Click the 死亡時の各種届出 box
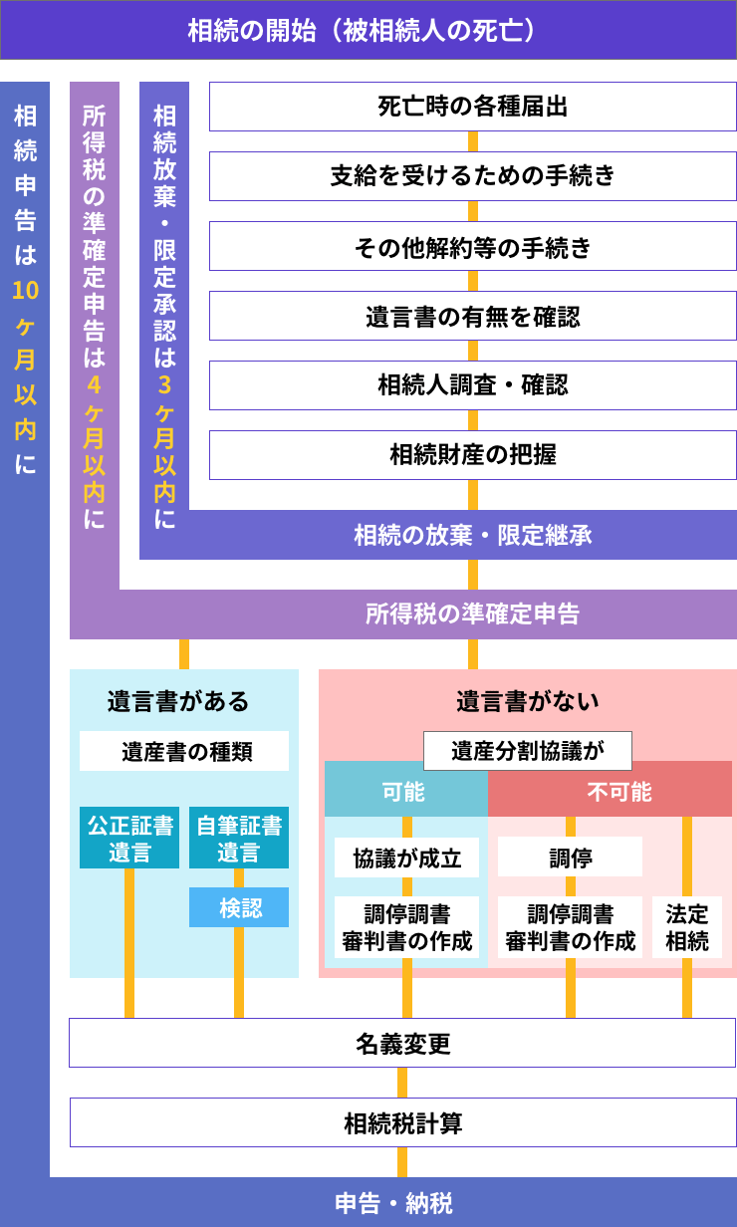coord(472,107)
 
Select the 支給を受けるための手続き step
coord(472,176)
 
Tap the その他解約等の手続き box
coord(472,246)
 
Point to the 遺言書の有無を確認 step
coord(472,317)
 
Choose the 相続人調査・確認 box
coord(472,385)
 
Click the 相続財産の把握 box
coord(472,455)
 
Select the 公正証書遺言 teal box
coord(129,838)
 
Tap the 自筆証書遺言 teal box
coord(239,838)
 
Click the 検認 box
coord(239,907)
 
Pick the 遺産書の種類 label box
coord(184,751)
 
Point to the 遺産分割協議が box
coord(528,751)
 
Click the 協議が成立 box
coord(406,858)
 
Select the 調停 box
coord(570,858)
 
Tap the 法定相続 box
coord(687,927)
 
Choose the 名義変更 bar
coord(402,1043)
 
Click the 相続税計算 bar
coord(402,1122)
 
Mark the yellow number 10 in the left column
coord(25,290)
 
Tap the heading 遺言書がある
coord(178,701)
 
